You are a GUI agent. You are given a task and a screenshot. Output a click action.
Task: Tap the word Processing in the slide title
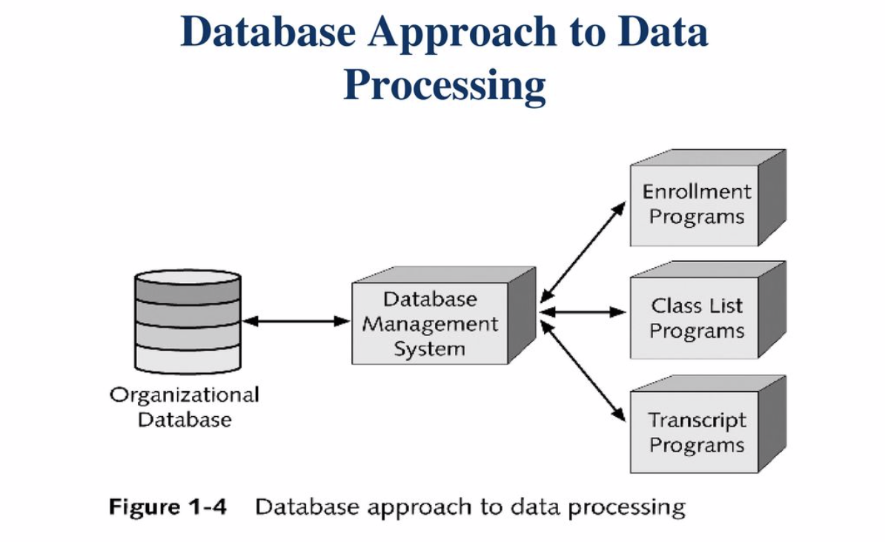click(445, 85)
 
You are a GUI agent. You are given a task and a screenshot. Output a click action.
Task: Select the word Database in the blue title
click(274, 33)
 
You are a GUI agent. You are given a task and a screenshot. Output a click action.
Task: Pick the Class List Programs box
click(695, 318)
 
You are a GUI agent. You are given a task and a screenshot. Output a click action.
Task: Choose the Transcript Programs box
click(695, 432)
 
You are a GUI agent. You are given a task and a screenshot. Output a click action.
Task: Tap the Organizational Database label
click(185, 406)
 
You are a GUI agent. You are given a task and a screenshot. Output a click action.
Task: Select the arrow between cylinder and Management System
click(296, 321)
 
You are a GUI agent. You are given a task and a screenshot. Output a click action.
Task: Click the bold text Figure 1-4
click(168, 508)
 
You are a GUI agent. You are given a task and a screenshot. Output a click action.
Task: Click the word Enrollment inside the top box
click(696, 192)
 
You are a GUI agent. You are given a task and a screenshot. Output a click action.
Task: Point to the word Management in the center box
click(431, 324)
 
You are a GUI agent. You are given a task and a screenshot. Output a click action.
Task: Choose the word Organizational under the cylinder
click(185, 394)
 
